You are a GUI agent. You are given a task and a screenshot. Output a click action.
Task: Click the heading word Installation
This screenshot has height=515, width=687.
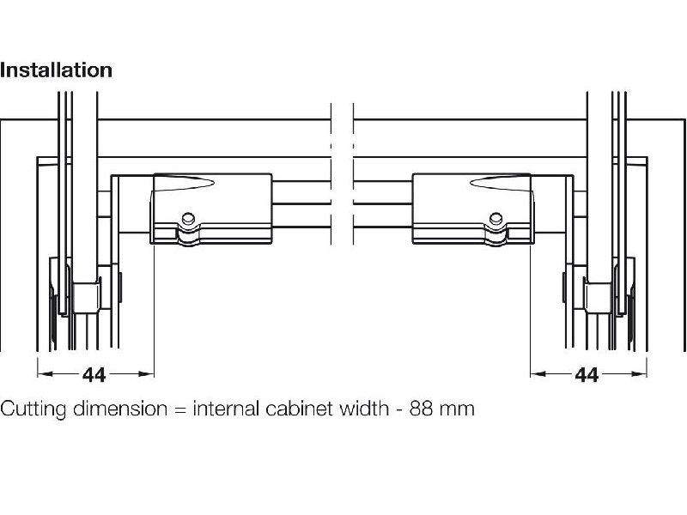click(56, 70)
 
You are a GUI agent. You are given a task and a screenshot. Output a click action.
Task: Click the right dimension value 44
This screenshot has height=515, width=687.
click(587, 375)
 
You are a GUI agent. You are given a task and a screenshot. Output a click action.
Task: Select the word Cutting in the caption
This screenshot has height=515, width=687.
click(30, 408)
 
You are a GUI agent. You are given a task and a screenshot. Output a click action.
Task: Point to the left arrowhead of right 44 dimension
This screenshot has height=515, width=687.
click(535, 374)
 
